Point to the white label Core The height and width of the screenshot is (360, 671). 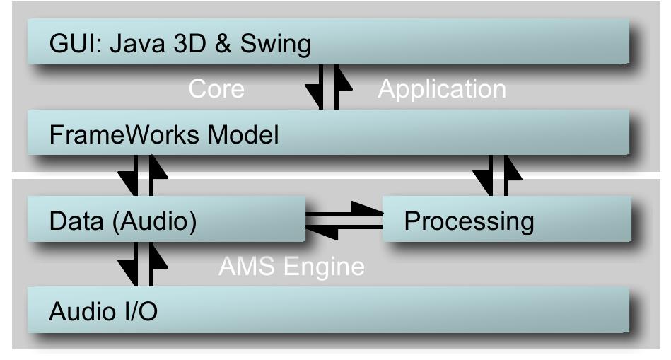216,89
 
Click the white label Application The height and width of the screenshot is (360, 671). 442,89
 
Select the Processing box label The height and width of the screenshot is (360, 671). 468,221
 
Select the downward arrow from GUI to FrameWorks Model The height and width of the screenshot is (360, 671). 316,88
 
